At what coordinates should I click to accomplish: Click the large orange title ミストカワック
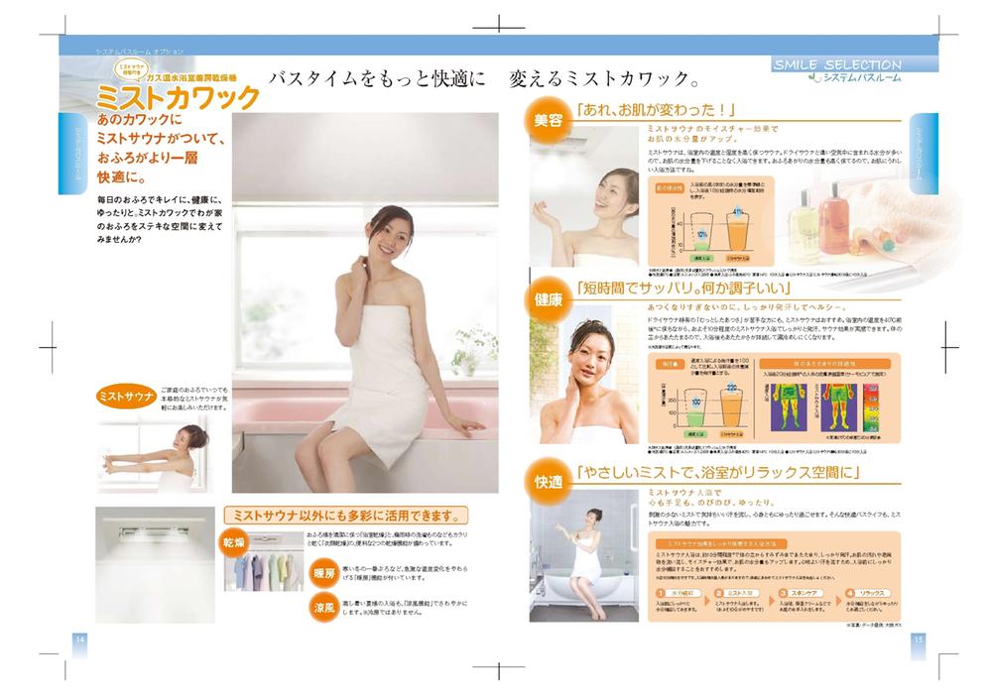[x=177, y=97]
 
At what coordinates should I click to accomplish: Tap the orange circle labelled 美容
[x=548, y=120]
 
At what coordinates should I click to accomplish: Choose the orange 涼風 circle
[x=324, y=606]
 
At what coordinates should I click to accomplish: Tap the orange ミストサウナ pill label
[x=126, y=397]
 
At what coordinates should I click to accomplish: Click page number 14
[x=78, y=638]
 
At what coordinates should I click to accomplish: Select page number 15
[x=918, y=638]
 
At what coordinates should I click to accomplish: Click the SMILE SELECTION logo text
[x=836, y=64]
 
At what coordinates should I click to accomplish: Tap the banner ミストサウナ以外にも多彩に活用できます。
[x=345, y=515]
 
